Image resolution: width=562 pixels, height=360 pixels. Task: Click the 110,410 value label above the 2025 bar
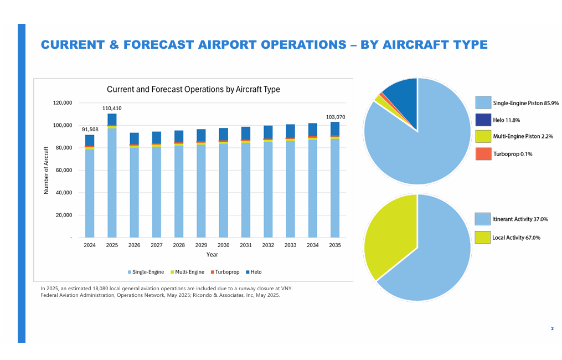(112, 109)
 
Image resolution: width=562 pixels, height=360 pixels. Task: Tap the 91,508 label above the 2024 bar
(90, 130)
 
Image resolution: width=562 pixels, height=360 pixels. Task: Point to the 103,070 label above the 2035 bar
(335, 117)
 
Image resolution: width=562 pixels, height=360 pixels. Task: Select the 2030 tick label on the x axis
(223, 245)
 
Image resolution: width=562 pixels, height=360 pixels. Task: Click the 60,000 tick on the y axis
(61, 170)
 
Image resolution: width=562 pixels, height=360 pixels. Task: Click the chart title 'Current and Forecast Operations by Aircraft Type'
(193, 89)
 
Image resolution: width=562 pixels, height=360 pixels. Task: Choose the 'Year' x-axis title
(212, 255)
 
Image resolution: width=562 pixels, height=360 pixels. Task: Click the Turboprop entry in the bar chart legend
(226, 272)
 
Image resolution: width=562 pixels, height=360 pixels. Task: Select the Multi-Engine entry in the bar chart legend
(189, 272)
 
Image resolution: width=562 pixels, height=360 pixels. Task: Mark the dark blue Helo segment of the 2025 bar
(112, 119)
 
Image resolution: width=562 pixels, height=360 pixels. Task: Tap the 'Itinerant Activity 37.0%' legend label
(520, 219)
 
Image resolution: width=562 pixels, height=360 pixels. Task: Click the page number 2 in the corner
(552, 329)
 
